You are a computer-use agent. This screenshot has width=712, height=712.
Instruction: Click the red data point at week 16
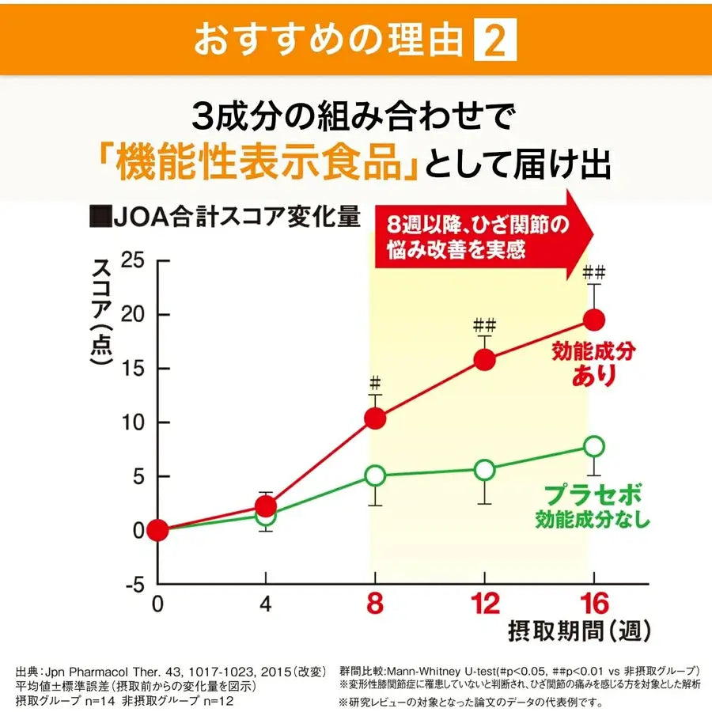[594, 320]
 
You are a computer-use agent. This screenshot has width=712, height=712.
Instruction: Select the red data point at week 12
[485, 360]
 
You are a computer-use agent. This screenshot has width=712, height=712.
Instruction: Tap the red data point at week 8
[376, 418]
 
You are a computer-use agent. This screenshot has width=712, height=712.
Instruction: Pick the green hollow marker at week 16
[594, 446]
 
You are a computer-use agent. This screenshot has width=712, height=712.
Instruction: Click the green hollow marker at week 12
[485, 470]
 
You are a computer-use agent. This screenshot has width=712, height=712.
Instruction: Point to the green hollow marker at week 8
[376, 475]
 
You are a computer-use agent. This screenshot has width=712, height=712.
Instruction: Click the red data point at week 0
[158, 530]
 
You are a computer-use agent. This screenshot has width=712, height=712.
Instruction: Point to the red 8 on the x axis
[375, 605]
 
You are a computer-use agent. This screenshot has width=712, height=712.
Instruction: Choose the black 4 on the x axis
[266, 605]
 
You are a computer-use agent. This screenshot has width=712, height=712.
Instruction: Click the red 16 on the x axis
[593, 605]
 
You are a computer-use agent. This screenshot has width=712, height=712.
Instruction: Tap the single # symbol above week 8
[376, 381]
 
